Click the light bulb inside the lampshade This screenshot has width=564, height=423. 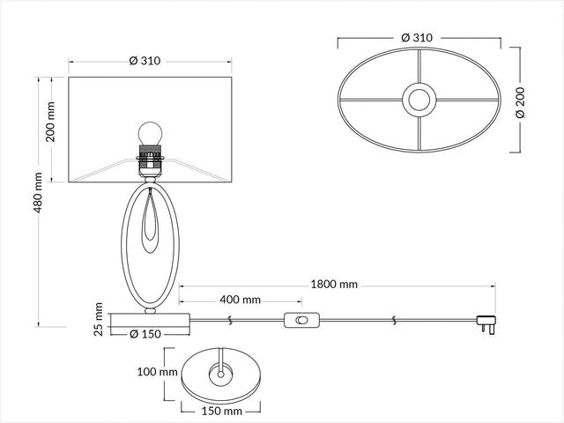[151, 133]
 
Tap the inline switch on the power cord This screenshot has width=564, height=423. [301, 320]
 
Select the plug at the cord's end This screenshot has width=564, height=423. [486, 324]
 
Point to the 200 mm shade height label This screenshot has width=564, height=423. [51, 122]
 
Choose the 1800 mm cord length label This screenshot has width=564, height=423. [334, 285]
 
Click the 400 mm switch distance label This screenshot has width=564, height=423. [240, 300]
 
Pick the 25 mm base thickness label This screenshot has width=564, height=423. [98, 319]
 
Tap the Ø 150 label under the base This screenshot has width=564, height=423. [145, 334]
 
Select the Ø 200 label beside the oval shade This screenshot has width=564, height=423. [520, 102]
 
